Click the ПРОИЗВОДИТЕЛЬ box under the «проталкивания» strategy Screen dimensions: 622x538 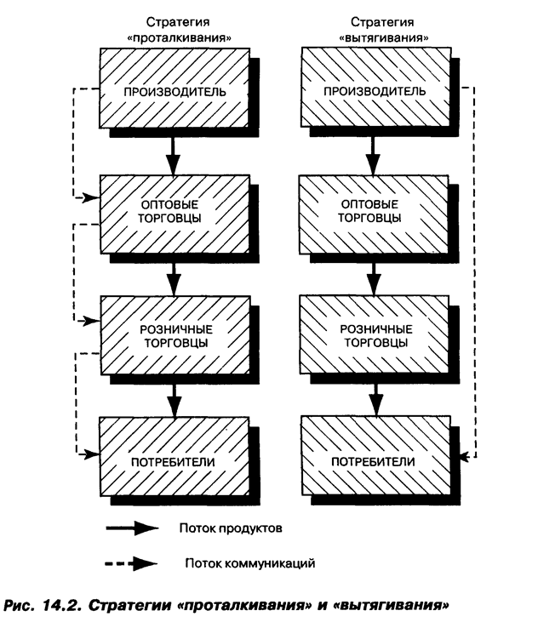(175, 89)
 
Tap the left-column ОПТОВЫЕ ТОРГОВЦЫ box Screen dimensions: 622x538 (175, 212)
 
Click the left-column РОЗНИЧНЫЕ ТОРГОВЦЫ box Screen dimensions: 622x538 (175, 334)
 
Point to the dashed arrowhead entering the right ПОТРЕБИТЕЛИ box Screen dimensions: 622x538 (464, 459)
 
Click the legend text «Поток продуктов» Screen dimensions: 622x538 (231, 528)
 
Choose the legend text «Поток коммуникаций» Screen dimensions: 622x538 (242, 562)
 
